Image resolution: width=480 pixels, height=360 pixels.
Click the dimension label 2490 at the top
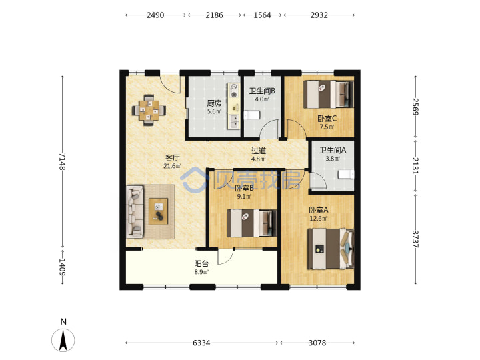(x=155, y=15)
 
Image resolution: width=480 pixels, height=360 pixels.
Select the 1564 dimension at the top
(x=263, y=15)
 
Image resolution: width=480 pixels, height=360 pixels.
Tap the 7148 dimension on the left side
(x=63, y=161)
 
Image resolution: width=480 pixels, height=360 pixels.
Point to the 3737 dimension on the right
(x=415, y=239)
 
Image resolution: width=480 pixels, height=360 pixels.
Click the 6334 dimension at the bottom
(x=201, y=343)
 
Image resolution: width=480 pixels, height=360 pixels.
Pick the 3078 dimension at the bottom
(x=317, y=343)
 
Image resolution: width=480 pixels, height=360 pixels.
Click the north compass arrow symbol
(x=63, y=340)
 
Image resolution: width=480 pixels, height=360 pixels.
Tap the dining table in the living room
(x=149, y=110)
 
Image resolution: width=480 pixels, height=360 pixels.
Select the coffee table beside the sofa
(x=158, y=211)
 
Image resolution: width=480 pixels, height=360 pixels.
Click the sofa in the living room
(x=135, y=211)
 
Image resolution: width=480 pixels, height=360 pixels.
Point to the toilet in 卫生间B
(x=252, y=115)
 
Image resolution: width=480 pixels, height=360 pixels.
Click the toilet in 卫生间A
(x=346, y=175)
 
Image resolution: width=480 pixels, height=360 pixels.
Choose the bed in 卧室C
(x=329, y=94)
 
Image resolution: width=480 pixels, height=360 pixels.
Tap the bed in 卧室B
(x=251, y=223)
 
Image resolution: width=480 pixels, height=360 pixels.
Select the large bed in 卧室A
(x=331, y=249)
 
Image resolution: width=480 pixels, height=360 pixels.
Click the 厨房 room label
(x=214, y=103)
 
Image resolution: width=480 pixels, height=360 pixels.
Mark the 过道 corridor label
(x=259, y=151)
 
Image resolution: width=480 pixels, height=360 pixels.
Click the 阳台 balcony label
(x=201, y=263)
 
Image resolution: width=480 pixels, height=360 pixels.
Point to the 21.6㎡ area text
(x=173, y=166)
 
